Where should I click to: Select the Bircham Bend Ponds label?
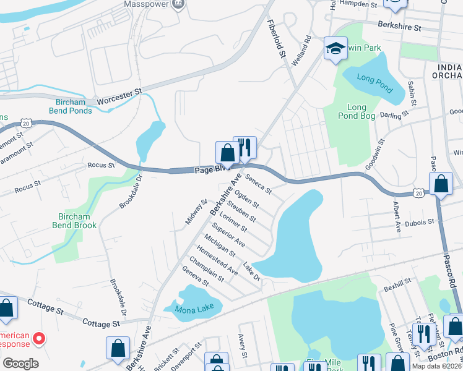[x=71, y=106]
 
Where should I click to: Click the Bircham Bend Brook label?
[x=77, y=221]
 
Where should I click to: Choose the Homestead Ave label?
[x=217, y=260]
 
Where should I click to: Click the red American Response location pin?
[x=38, y=338]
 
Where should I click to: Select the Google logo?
[x=20, y=364]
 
